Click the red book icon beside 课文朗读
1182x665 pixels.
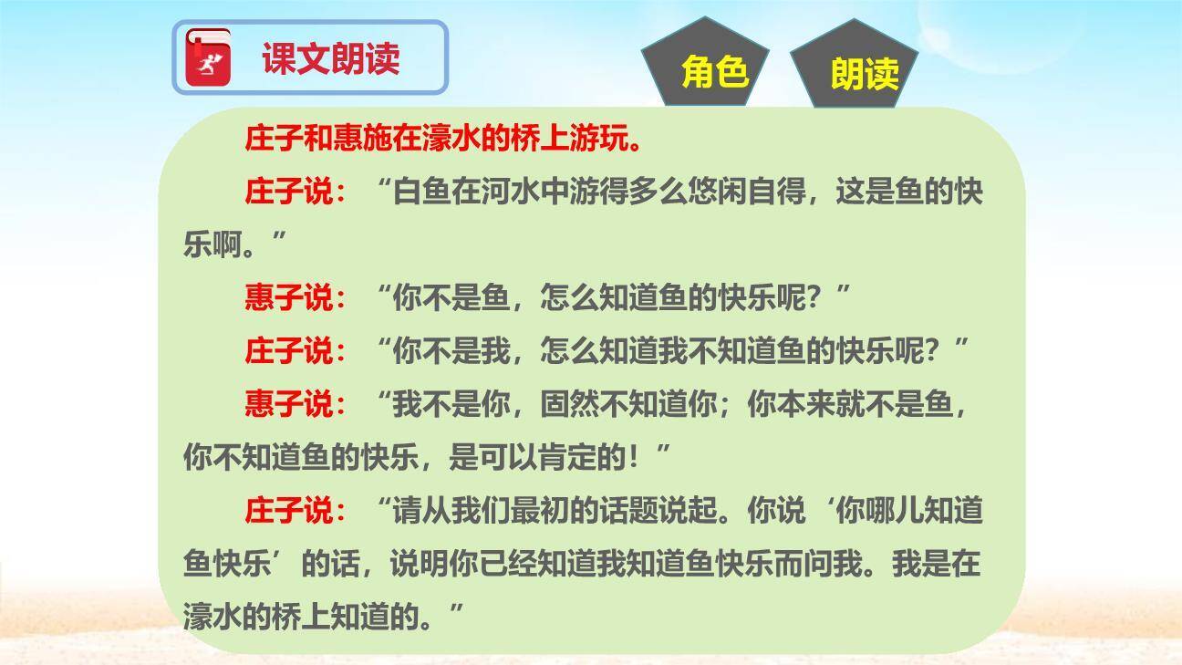pos(209,58)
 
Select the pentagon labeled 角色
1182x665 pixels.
pos(714,70)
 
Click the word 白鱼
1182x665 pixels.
pos(420,193)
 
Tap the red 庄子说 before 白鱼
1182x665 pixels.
pos(289,193)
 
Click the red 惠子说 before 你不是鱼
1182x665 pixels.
pos(289,298)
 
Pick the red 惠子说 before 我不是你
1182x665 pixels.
pos(289,404)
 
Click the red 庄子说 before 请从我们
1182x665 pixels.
pos(289,511)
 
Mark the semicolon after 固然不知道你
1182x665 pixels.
pos(731,406)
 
